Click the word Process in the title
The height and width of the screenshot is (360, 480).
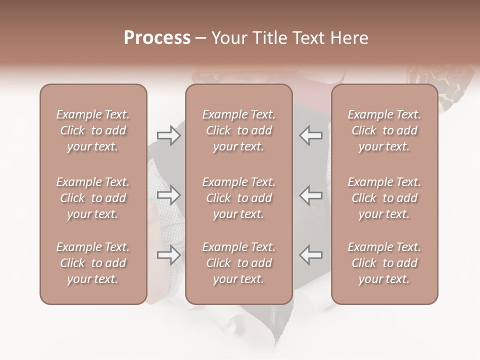(x=157, y=38)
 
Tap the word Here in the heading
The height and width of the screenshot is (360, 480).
(x=349, y=38)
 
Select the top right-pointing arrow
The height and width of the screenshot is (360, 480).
(x=169, y=135)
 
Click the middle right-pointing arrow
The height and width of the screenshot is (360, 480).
(x=169, y=194)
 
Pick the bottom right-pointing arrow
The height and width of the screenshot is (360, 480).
(x=169, y=255)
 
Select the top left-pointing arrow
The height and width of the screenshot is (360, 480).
(x=310, y=135)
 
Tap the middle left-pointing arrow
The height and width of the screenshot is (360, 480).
(x=310, y=194)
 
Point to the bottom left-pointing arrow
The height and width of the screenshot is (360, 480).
(x=310, y=255)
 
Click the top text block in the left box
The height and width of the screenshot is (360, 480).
(x=93, y=130)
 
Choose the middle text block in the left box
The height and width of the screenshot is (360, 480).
(x=93, y=198)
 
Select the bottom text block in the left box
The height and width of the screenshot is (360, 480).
(x=93, y=263)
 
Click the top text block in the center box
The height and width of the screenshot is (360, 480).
(x=239, y=130)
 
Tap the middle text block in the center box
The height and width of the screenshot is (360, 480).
(x=239, y=198)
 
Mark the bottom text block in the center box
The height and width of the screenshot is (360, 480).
(x=239, y=263)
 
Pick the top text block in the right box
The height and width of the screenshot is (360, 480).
(x=384, y=130)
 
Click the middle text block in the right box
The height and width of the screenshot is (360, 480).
(x=384, y=198)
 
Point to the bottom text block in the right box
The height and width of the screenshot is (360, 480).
(x=384, y=263)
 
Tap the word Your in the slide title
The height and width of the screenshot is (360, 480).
(x=229, y=38)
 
